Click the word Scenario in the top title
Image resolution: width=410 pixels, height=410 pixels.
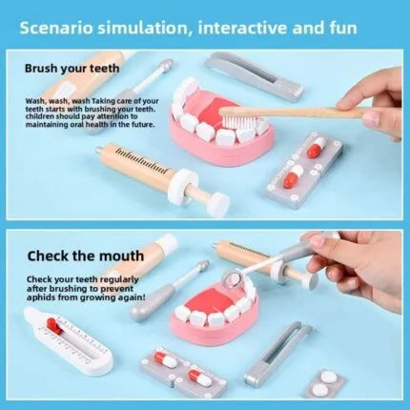pyautogui.click(x=56, y=28)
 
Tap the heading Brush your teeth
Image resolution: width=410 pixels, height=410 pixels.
pyautogui.click(x=72, y=69)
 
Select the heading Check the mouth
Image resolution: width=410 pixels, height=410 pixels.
pyautogui.click(x=86, y=256)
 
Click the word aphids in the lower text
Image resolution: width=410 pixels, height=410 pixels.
pyautogui.click(x=41, y=298)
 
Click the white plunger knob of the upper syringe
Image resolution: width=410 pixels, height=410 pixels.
pyautogui.click(x=218, y=205)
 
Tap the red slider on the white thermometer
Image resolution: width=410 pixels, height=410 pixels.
pyautogui.click(x=53, y=325)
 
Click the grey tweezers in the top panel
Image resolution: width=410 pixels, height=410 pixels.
pyautogui.click(x=255, y=75)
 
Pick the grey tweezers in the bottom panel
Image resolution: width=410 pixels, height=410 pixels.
pyautogui.click(x=277, y=353)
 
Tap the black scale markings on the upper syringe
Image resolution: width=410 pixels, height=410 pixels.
pyautogui.click(x=141, y=161)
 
